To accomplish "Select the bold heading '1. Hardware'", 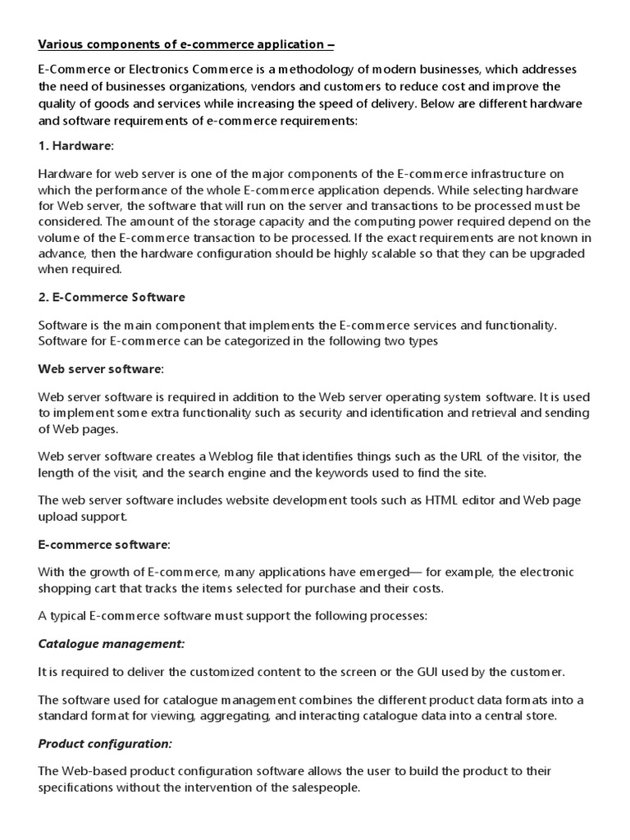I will coord(75,145).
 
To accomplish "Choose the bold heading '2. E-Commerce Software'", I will coord(112,297).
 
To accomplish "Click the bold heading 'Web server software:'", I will coord(101,369).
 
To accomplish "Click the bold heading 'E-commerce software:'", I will coord(104,544).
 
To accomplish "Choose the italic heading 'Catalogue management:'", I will coord(112,644).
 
